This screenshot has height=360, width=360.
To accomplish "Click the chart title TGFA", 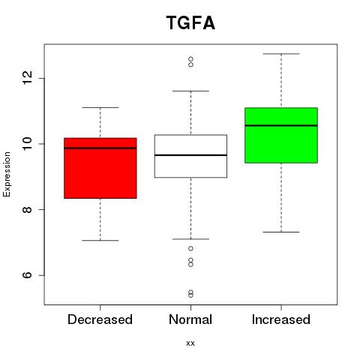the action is click(190, 22).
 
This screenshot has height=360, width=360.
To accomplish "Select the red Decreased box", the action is click(100, 168).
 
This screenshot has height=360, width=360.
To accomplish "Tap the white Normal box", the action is click(190, 156).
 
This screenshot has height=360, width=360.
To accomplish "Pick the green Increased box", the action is click(281, 135).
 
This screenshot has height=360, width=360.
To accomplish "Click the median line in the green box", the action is click(281, 125).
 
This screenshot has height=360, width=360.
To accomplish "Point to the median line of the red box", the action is click(100, 148).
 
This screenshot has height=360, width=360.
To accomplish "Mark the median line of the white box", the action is click(190, 155).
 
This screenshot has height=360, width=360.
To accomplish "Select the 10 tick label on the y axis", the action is click(27, 143).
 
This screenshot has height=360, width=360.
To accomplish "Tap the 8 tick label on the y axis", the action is click(27, 209).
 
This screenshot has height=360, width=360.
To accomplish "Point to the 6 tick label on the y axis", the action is click(27, 275).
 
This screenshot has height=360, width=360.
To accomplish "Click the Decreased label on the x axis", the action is click(100, 319).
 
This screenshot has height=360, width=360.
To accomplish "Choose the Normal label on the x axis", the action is click(190, 319).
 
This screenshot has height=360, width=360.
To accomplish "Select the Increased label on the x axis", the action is click(281, 319).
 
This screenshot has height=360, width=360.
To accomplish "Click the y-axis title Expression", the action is click(7, 174).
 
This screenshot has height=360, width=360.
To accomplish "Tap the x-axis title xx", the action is click(190, 343).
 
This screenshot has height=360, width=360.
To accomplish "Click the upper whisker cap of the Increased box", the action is click(281, 54).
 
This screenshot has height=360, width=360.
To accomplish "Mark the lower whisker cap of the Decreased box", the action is click(100, 241).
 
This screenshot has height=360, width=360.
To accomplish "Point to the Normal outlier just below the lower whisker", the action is click(190, 248).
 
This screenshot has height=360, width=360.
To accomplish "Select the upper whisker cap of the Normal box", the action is click(190, 91).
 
